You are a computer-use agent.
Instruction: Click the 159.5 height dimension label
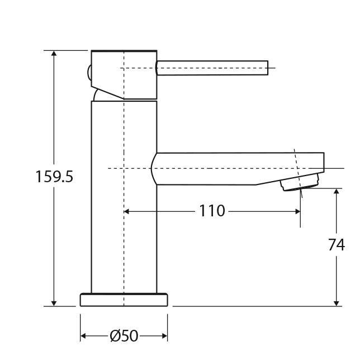pos(54,177)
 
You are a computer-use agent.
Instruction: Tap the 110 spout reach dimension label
pos(212,211)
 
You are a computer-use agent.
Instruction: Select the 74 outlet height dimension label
pos(336,245)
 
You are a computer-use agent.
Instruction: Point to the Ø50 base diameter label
pos(124,336)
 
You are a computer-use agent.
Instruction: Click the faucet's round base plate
pos(124,300)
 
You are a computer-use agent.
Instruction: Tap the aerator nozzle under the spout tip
pos(301,182)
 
